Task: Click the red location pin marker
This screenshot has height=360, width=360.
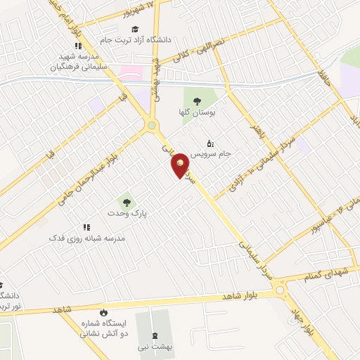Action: (x=181, y=165)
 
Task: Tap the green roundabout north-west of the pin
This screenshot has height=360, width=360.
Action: (x=152, y=126)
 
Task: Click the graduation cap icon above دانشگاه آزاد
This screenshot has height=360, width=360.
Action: (x=134, y=28)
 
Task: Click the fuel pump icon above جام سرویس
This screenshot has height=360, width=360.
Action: (x=211, y=143)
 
